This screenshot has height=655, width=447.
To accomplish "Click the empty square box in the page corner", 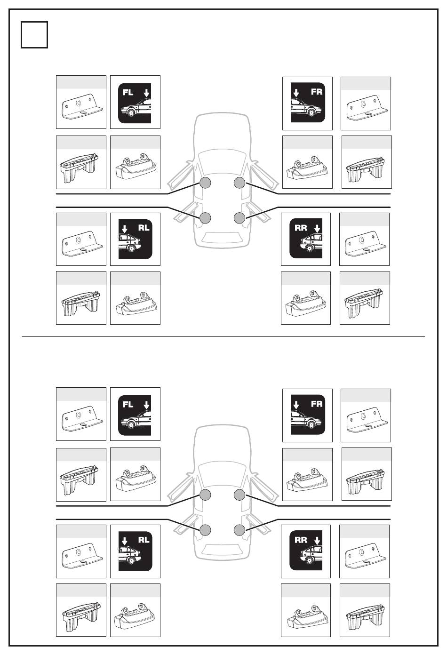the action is tap(34, 35).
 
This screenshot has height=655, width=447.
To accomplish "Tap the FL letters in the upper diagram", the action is tap(128, 92).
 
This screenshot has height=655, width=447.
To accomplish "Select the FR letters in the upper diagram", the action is tap(316, 92).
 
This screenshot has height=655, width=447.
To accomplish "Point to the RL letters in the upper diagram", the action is tap(144, 227).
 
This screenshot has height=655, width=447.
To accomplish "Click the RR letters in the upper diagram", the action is tap(301, 227).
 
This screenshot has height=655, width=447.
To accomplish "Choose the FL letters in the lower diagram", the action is tap(128, 404).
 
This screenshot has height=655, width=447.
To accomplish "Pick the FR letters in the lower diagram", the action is tap(316, 404).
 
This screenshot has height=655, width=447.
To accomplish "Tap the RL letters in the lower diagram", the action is tap(144, 540).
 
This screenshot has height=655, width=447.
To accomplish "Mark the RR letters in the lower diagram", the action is tap(301, 540).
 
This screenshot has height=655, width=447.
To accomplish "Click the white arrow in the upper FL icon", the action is tap(146, 93).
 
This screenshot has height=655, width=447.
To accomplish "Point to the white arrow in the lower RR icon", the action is tap(317, 540).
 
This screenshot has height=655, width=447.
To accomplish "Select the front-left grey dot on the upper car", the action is tap(205, 183).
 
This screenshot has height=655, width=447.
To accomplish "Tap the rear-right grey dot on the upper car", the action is tap(239, 217).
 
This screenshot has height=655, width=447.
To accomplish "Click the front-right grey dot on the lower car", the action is tap(239, 495).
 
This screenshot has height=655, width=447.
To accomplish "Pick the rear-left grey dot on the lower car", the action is tap(205, 529).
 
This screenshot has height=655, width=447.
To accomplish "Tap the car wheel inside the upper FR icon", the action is tap(311, 112).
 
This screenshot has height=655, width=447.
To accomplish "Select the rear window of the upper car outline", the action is tap(222, 237).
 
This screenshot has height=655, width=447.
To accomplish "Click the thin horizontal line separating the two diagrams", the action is tap(223, 336).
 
